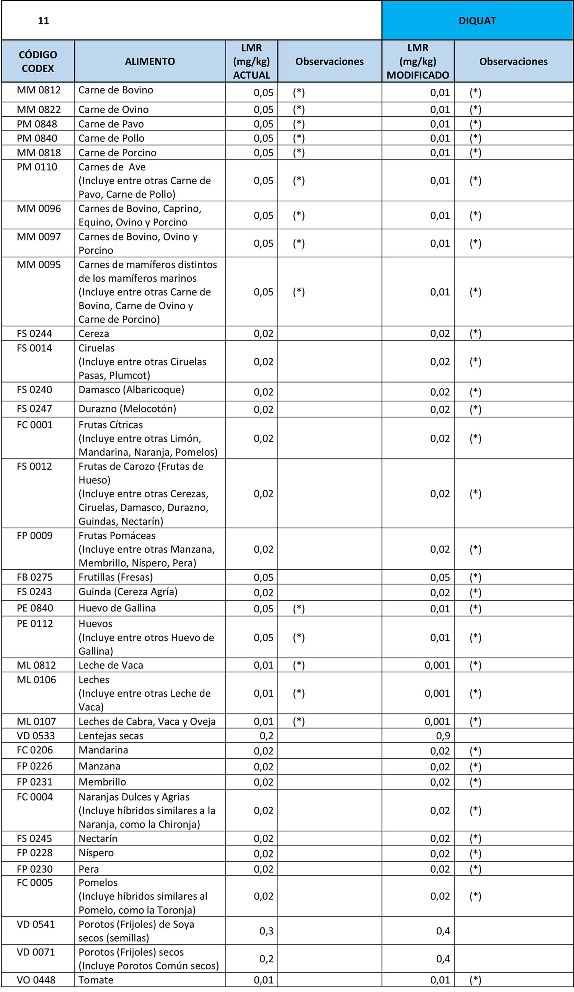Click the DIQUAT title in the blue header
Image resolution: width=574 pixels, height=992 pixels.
point(477,21)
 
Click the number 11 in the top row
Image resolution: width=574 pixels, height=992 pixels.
point(43,21)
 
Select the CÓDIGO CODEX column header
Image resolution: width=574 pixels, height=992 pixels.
point(38,62)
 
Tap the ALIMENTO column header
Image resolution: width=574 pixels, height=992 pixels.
point(150,62)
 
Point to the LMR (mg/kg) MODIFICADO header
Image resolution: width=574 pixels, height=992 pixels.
point(417,62)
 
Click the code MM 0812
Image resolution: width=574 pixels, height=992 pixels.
point(39,90)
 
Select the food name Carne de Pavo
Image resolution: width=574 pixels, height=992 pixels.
point(111,124)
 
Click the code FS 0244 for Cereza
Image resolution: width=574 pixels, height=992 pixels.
point(34,333)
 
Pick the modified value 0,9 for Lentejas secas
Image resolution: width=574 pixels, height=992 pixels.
point(443,736)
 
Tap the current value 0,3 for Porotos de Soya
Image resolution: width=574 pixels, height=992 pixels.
point(266,931)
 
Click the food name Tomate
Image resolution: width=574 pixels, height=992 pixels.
point(96,980)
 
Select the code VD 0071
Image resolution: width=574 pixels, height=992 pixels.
point(36,952)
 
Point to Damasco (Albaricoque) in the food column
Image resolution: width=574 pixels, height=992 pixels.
point(131,390)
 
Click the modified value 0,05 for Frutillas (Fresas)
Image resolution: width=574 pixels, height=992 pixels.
point(440,578)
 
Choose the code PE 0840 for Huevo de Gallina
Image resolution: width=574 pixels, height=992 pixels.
point(35,608)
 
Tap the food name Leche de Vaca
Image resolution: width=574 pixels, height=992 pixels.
point(111,665)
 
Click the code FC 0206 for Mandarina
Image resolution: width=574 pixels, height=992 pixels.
point(35,750)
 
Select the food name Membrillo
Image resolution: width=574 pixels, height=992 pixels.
point(102,782)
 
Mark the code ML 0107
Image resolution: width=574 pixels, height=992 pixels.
point(36,722)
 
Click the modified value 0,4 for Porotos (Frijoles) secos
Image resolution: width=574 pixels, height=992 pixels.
point(443,959)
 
